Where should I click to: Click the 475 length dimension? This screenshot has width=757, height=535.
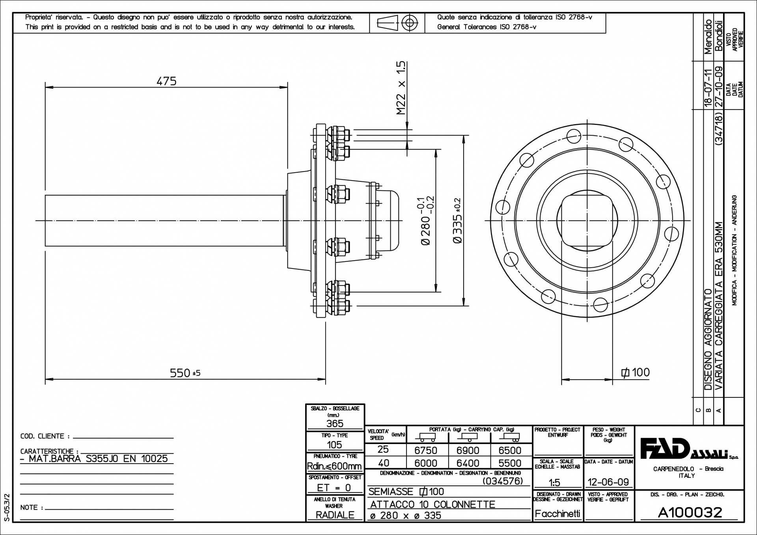click(166, 81)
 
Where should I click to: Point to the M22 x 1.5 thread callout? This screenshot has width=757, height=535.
click(401, 88)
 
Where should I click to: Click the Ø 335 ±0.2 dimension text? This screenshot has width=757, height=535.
click(458, 221)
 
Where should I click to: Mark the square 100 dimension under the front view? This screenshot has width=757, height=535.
click(635, 372)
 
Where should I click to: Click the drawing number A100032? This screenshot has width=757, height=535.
click(690, 513)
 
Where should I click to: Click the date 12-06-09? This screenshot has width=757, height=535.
click(608, 482)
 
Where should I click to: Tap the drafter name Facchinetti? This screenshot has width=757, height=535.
click(557, 514)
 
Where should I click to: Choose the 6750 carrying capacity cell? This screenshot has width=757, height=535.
click(426, 451)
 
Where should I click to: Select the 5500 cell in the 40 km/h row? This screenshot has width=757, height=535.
click(510, 463)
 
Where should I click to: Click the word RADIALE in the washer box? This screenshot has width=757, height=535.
click(335, 515)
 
